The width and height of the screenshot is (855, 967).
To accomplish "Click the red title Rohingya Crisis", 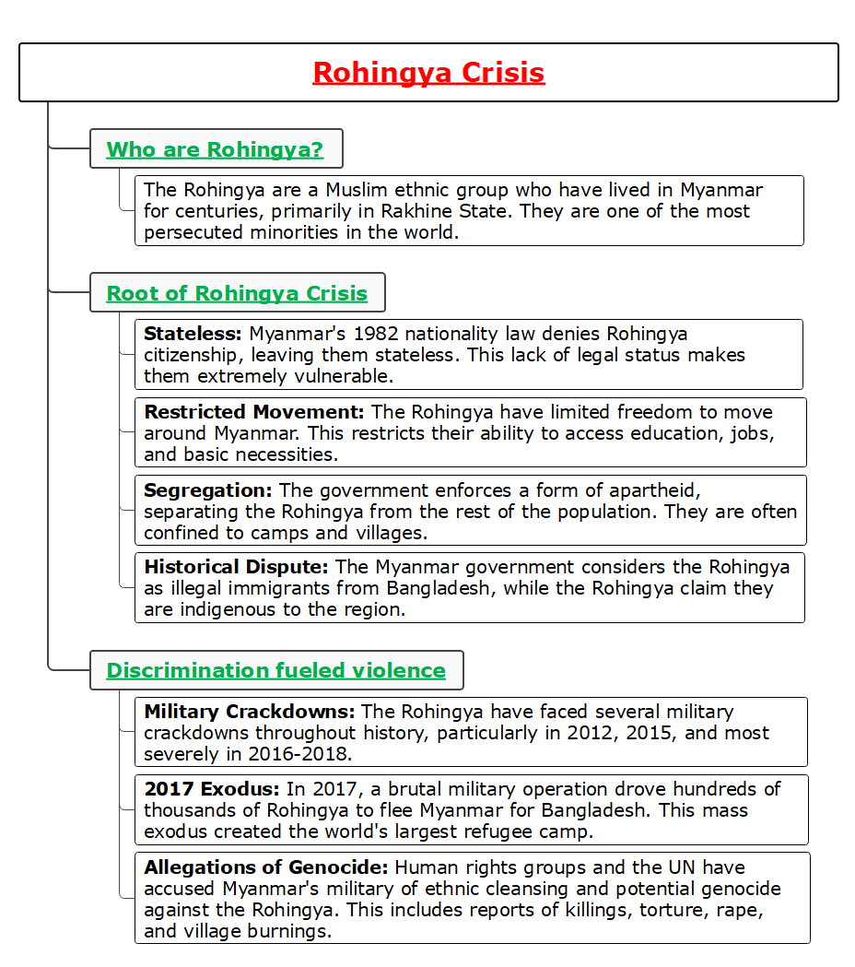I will click(428, 72).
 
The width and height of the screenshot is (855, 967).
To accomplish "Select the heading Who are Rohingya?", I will click(215, 149).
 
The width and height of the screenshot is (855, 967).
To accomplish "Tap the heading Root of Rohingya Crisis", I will click(237, 293).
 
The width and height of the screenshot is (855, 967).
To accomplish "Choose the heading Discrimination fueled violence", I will click(275, 670).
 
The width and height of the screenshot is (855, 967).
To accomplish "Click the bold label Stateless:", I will click(193, 334).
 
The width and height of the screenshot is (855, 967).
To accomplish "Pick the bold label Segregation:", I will click(208, 490).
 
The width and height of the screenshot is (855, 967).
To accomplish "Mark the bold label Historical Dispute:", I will click(237, 567).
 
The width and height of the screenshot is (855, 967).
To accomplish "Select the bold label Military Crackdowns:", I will click(250, 712).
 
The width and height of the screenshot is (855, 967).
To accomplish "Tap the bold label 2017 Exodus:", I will click(212, 789).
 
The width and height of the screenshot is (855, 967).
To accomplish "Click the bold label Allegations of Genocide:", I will click(266, 867).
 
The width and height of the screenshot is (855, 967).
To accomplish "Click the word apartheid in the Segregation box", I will click(655, 490).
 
